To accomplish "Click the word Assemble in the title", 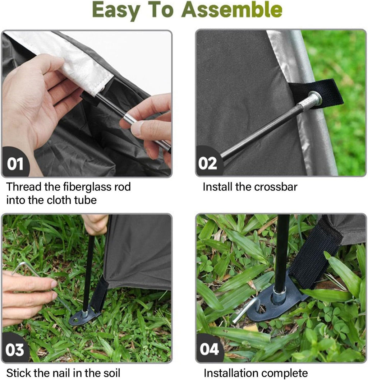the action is pyautogui.click(x=232, y=10).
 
